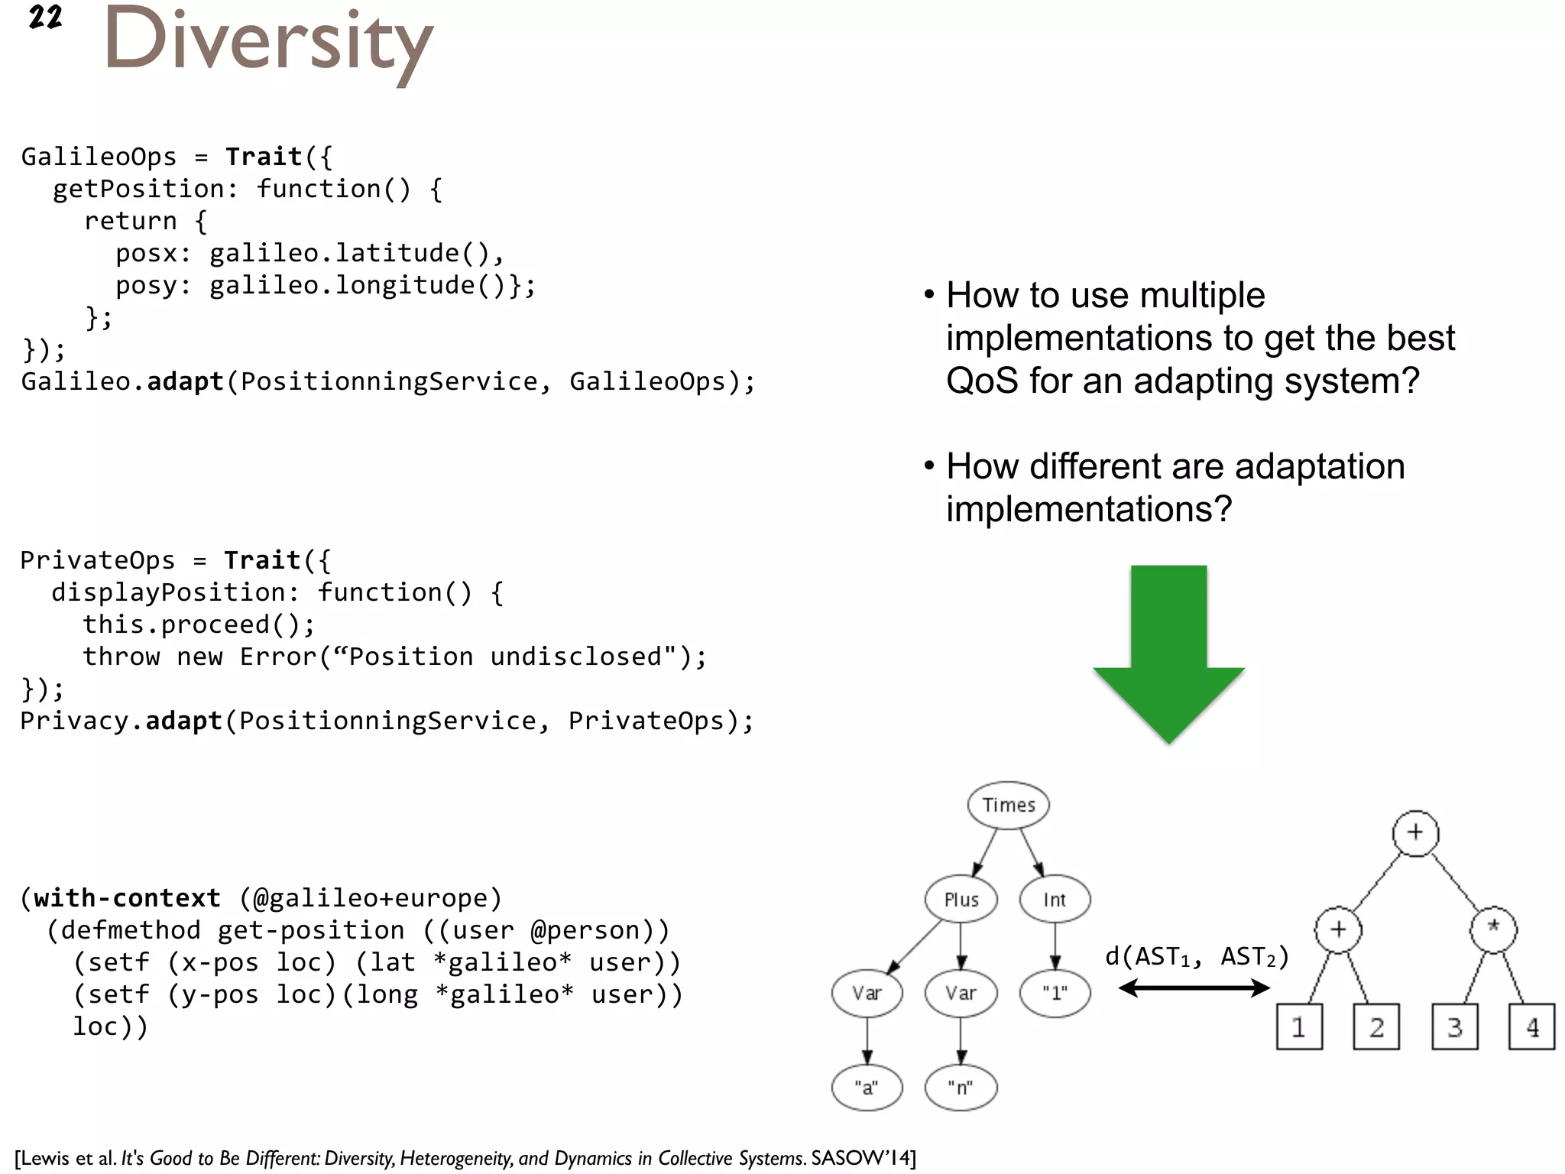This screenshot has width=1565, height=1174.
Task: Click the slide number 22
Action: click(x=45, y=17)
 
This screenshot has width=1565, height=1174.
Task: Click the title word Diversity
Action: click(x=267, y=42)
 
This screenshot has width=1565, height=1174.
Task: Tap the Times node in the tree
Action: click(x=1008, y=805)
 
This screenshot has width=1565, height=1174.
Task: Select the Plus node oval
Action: click(x=961, y=900)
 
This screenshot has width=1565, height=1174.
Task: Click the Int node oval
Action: click(x=1055, y=900)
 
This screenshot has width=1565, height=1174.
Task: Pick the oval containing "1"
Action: click(x=1055, y=993)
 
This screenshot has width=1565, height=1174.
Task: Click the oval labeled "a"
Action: click(x=867, y=1087)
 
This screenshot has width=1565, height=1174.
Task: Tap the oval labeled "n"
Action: click(x=961, y=1087)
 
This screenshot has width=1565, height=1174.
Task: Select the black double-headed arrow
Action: click(x=1194, y=988)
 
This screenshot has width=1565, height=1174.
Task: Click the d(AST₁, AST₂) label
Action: click(x=1197, y=956)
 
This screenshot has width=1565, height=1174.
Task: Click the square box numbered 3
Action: click(x=1455, y=1026)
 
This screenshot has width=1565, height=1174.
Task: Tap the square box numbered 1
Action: click(x=1299, y=1026)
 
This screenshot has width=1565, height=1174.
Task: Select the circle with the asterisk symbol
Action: click(x=1493, y=929)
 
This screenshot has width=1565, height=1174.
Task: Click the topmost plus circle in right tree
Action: click(x=1415, y=832)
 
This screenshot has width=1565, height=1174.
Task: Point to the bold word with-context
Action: click(x=127, y=898)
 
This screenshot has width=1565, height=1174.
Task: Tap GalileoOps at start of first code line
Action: click(x=99, y=157)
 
